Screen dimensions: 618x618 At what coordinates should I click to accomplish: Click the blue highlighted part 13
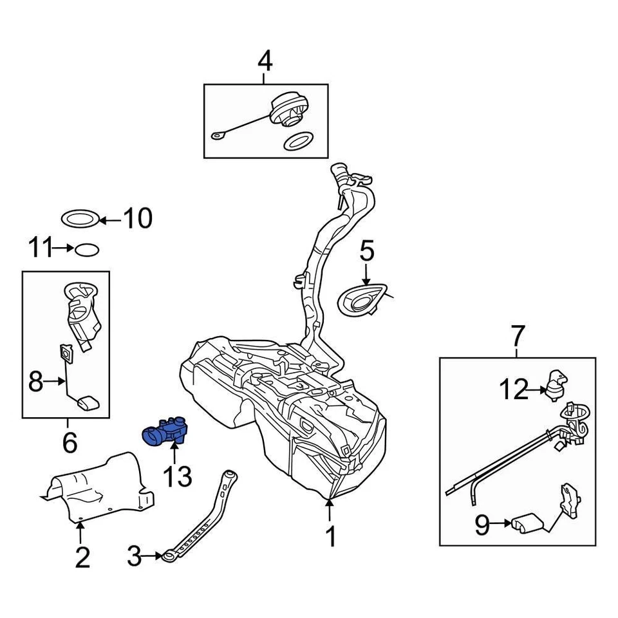[x=166, y=431]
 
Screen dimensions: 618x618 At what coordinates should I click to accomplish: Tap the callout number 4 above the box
[x=265, y=62]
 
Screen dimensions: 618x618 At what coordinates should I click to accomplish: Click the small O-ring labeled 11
[x=86, y=248]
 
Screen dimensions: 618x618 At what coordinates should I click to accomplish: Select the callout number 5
[x=366, y=251]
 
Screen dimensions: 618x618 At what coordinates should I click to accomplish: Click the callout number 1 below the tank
[x=330, y=536]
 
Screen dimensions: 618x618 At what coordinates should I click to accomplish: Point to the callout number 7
[x=518, y=335]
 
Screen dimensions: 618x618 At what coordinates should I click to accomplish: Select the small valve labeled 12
[x=556, y=384]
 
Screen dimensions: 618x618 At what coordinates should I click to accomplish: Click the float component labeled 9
[x=528, y=523]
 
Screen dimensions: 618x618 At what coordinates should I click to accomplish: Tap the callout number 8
[x=36, y=383]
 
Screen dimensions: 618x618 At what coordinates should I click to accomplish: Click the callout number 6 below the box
[x=69, y=442]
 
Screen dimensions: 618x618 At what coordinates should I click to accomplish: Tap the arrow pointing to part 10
[x=109, y=220]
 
